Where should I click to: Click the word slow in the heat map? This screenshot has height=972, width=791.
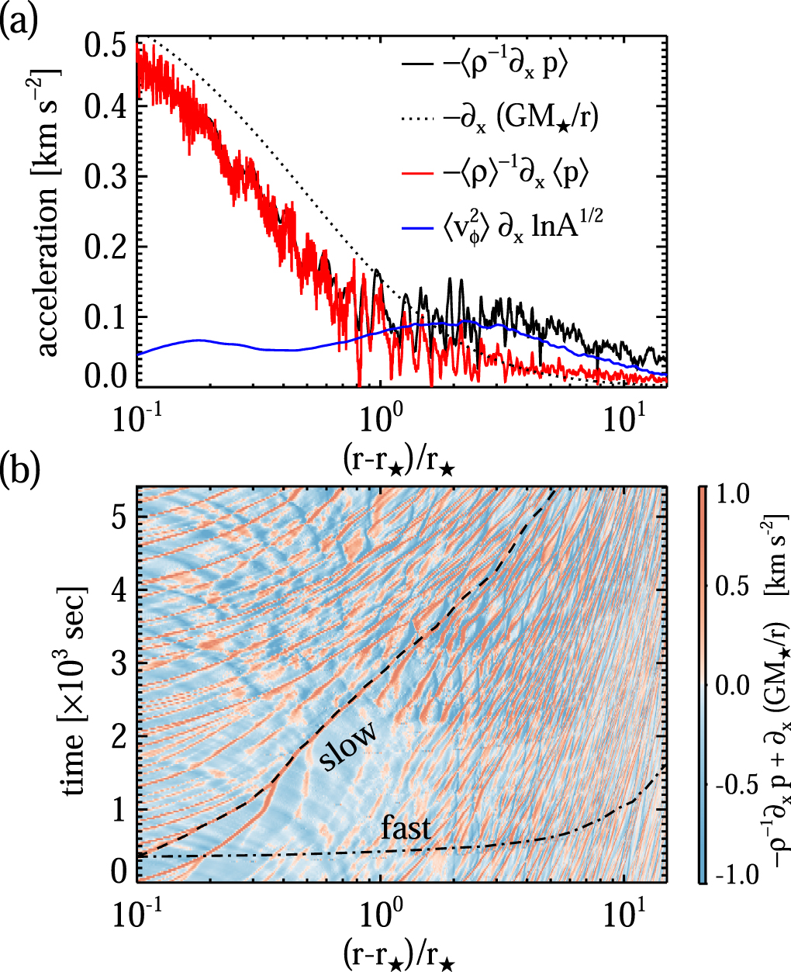point(349,745)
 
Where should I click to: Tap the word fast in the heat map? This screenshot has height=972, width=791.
point(406,829)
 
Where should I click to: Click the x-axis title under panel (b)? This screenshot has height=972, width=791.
point(400,953)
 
